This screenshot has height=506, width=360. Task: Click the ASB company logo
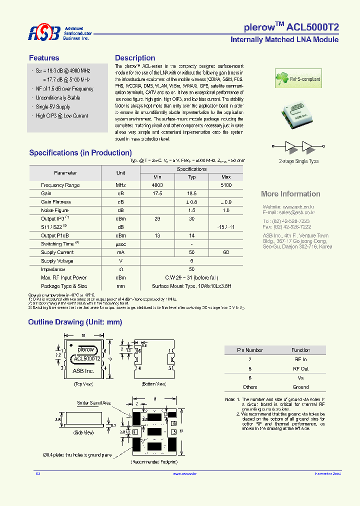(44, 33)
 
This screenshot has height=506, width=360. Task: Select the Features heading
(44, 58)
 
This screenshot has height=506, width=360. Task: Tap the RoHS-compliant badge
(298, 79)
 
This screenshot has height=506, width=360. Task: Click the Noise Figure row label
(55, 210)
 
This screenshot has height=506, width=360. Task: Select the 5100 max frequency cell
(226, 185)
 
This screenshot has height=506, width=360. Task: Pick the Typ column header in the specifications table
(191, 177)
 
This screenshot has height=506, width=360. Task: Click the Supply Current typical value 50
(191, 252)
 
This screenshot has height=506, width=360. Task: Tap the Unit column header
(120, 172)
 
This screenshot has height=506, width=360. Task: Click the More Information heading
(290, 194)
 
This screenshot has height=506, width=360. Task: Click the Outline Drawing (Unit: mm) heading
(75, 322)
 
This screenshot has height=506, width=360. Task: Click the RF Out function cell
(300, 368)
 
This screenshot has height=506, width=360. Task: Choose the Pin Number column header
(250, 350)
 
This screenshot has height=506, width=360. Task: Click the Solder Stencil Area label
(94, 402)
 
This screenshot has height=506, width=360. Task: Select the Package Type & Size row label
(64, 286)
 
